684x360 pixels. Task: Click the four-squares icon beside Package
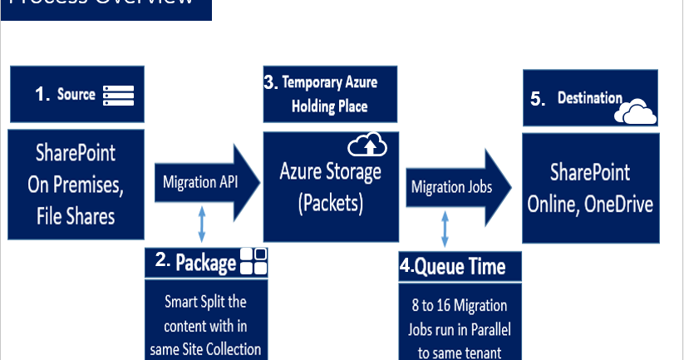253,263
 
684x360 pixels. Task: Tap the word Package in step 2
206,264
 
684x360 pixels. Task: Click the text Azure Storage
330,172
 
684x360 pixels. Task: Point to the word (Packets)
330,202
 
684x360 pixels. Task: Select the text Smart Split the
205,301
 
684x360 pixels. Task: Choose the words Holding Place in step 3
329,106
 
